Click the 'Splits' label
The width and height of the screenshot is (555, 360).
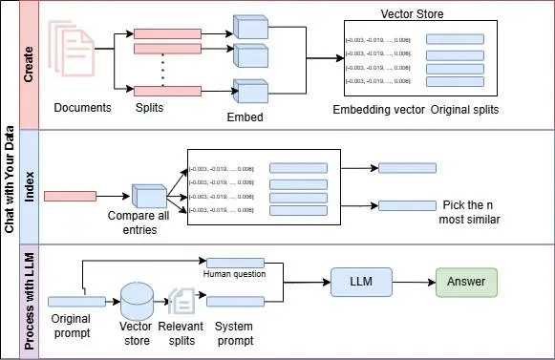pos(149,108)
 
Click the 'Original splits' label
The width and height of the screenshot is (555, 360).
pos(464,109)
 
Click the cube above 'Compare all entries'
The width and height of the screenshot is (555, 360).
pos(149,196)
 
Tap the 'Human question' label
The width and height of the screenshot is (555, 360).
pos(233,275)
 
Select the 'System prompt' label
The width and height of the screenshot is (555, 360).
pos(234,332)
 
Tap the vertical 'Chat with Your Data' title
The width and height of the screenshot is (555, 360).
pos(9,180)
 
